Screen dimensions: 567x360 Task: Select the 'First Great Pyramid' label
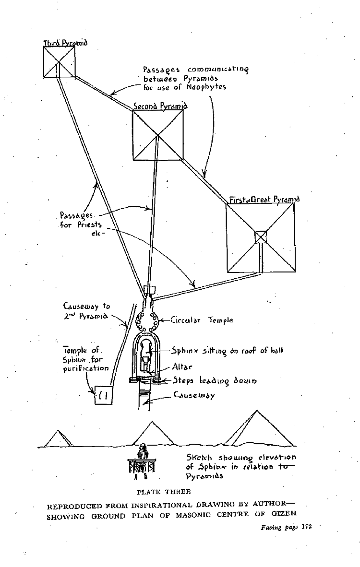[264, 199]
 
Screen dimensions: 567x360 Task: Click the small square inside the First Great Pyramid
[260, 236]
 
